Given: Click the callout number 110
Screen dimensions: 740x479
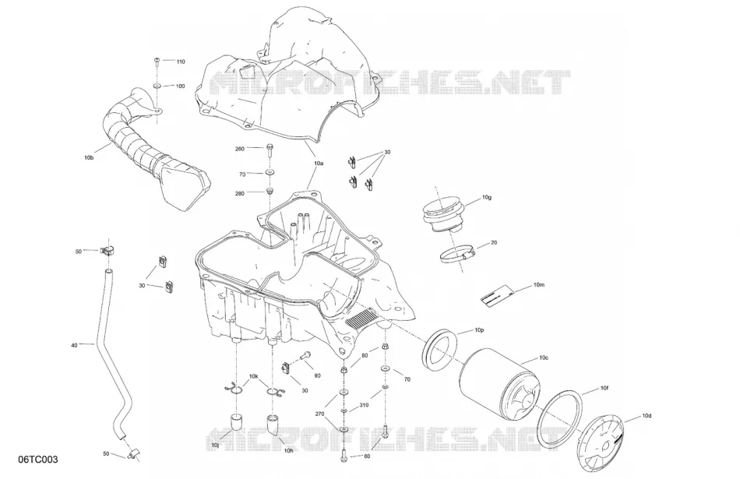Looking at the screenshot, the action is pos(181,62).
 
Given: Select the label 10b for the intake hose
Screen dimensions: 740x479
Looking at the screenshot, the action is pos(89,157).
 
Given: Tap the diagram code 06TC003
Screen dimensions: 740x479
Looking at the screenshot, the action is pos(38,460).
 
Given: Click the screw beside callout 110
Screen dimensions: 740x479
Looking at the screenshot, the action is pos(157,61).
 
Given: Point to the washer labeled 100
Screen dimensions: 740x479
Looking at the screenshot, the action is pos(157,86).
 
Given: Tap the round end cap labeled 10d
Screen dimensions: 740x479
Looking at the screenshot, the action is pos(601,444).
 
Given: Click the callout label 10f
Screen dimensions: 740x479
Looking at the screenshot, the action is pos(604,389).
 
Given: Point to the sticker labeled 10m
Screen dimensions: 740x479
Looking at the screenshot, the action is pos(495,295).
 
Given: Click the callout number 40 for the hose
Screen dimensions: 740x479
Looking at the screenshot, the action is pos(74,346).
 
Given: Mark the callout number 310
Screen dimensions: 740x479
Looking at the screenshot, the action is pos(364,405).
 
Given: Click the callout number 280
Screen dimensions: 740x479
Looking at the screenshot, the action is pos(240,193).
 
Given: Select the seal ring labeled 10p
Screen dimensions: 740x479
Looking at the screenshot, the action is pos(440,349).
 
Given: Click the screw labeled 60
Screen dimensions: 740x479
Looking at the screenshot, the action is pos(344,455).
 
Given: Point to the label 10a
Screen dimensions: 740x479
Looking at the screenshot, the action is pos(319,164).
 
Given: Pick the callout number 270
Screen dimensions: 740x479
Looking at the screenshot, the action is pos(319,414).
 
